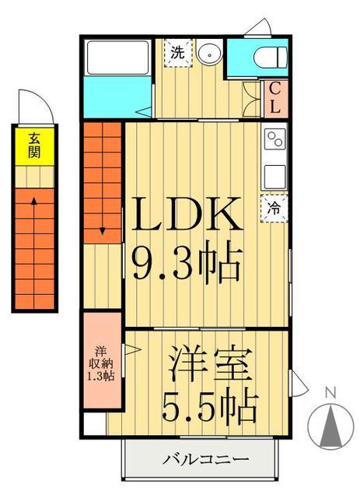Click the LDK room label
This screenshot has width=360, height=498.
click(x=187, y=213)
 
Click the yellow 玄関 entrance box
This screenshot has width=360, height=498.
click(x=34, y=146)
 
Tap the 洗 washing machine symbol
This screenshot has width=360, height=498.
click(x=178, y=53)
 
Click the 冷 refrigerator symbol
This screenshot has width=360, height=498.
click(x=274, y=209)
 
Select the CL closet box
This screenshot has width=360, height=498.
click(x=276, y=99)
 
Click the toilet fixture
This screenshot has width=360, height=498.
click(x=270, y=58)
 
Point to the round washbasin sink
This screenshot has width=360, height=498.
click(x=208, y=53)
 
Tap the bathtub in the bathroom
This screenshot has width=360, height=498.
click(x=117, y=58)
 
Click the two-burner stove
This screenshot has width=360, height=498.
click(x=274, y=139)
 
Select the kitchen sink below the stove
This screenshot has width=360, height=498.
click(x=275, y=177)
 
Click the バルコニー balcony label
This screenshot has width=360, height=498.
click(x=205, y=459)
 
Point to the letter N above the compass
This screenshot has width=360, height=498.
click(x=331, y=393)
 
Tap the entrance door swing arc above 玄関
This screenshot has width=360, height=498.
click(x=47, y=100)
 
